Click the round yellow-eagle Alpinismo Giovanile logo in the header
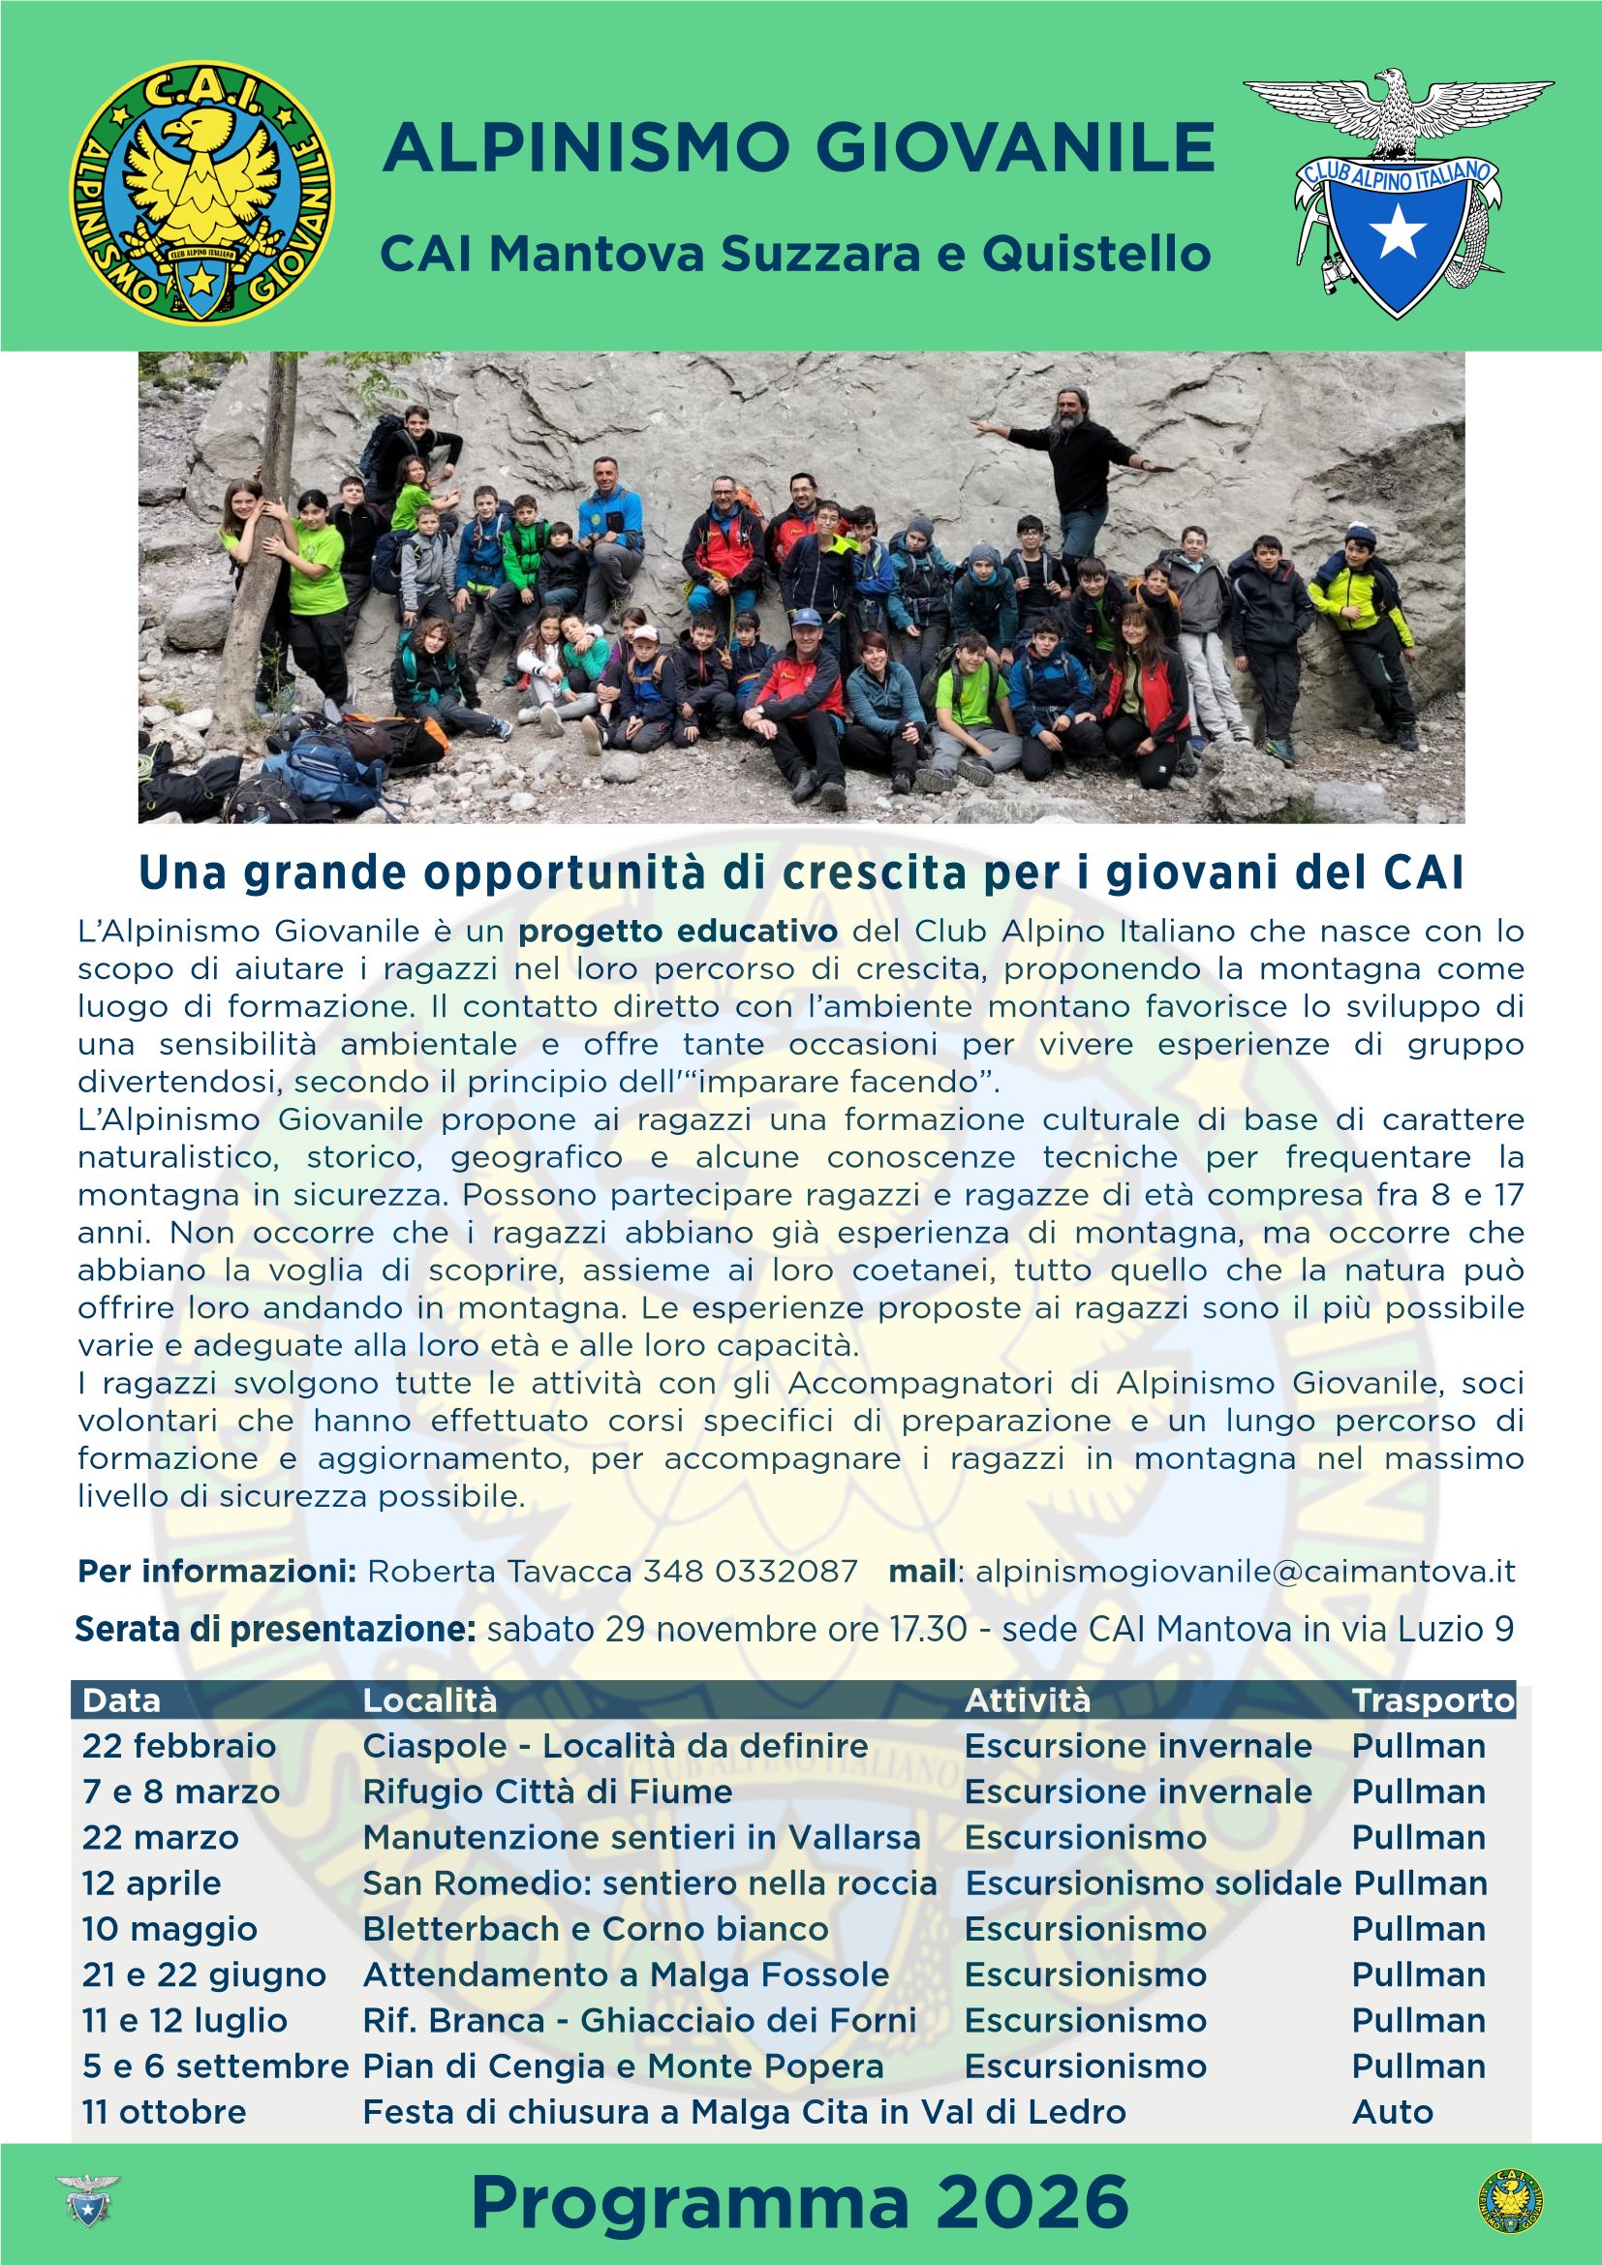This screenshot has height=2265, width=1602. [x=201, y=195]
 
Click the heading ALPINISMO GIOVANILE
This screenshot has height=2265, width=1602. [x=798, y=147]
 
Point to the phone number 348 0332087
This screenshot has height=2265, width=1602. [x=750, y=1572]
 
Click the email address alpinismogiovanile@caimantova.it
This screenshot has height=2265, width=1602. [x=1245, y=1572]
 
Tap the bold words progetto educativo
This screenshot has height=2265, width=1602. [x=679, y=931]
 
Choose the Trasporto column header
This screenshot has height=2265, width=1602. [x=1433, y=1700]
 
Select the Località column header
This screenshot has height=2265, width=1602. [x=430, y=1700]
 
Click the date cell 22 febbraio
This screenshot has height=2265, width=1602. [x=179, y=1746]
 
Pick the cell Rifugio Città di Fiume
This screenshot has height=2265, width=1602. [x=547, y=1791]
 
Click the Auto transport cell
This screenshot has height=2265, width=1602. [x=1392, y=2112]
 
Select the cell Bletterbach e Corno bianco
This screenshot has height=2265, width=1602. [x=596, y=1929]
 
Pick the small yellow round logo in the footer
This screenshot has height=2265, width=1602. [x=1509, y=2202]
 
